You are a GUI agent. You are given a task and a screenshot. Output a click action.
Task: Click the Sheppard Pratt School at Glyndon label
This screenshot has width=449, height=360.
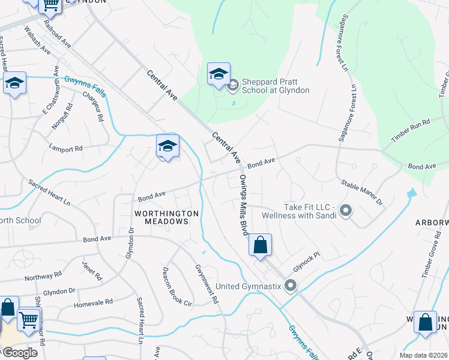click(x=276, y=86)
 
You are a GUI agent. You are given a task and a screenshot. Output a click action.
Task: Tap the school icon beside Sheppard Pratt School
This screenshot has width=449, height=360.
click(x=218, y=74)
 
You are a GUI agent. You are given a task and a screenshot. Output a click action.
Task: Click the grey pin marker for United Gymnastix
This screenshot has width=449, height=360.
click(x=291, y=286)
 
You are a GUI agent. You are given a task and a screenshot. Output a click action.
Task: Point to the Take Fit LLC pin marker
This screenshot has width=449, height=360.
click(x=346, y=211)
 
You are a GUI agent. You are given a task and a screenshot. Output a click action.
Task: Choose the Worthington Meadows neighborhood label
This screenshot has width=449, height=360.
click(x=166, y=217)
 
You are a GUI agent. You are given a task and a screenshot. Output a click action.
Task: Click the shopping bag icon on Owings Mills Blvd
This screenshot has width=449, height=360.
click(x=260, y=245)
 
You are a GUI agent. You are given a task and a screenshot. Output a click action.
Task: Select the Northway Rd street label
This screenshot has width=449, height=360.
click(x=43, y=275)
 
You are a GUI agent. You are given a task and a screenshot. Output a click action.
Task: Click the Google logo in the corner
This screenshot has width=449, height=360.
click(x=20, y=352)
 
